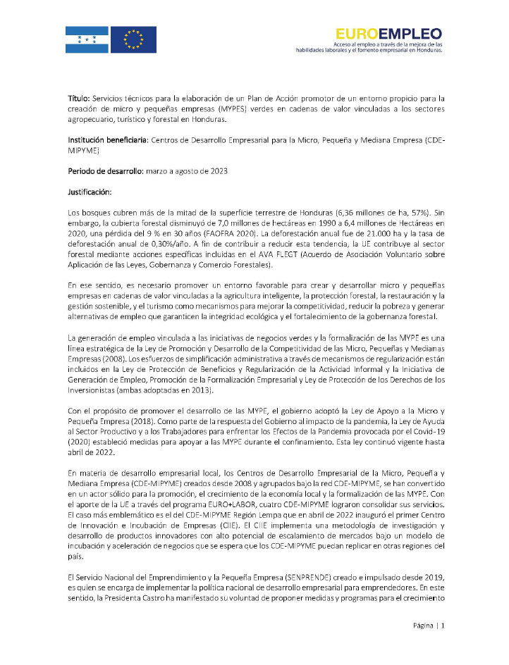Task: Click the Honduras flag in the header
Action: click(x=87, y=39)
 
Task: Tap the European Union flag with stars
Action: click(x=134, y=39)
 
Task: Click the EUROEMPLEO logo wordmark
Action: click(x=388, y=33)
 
